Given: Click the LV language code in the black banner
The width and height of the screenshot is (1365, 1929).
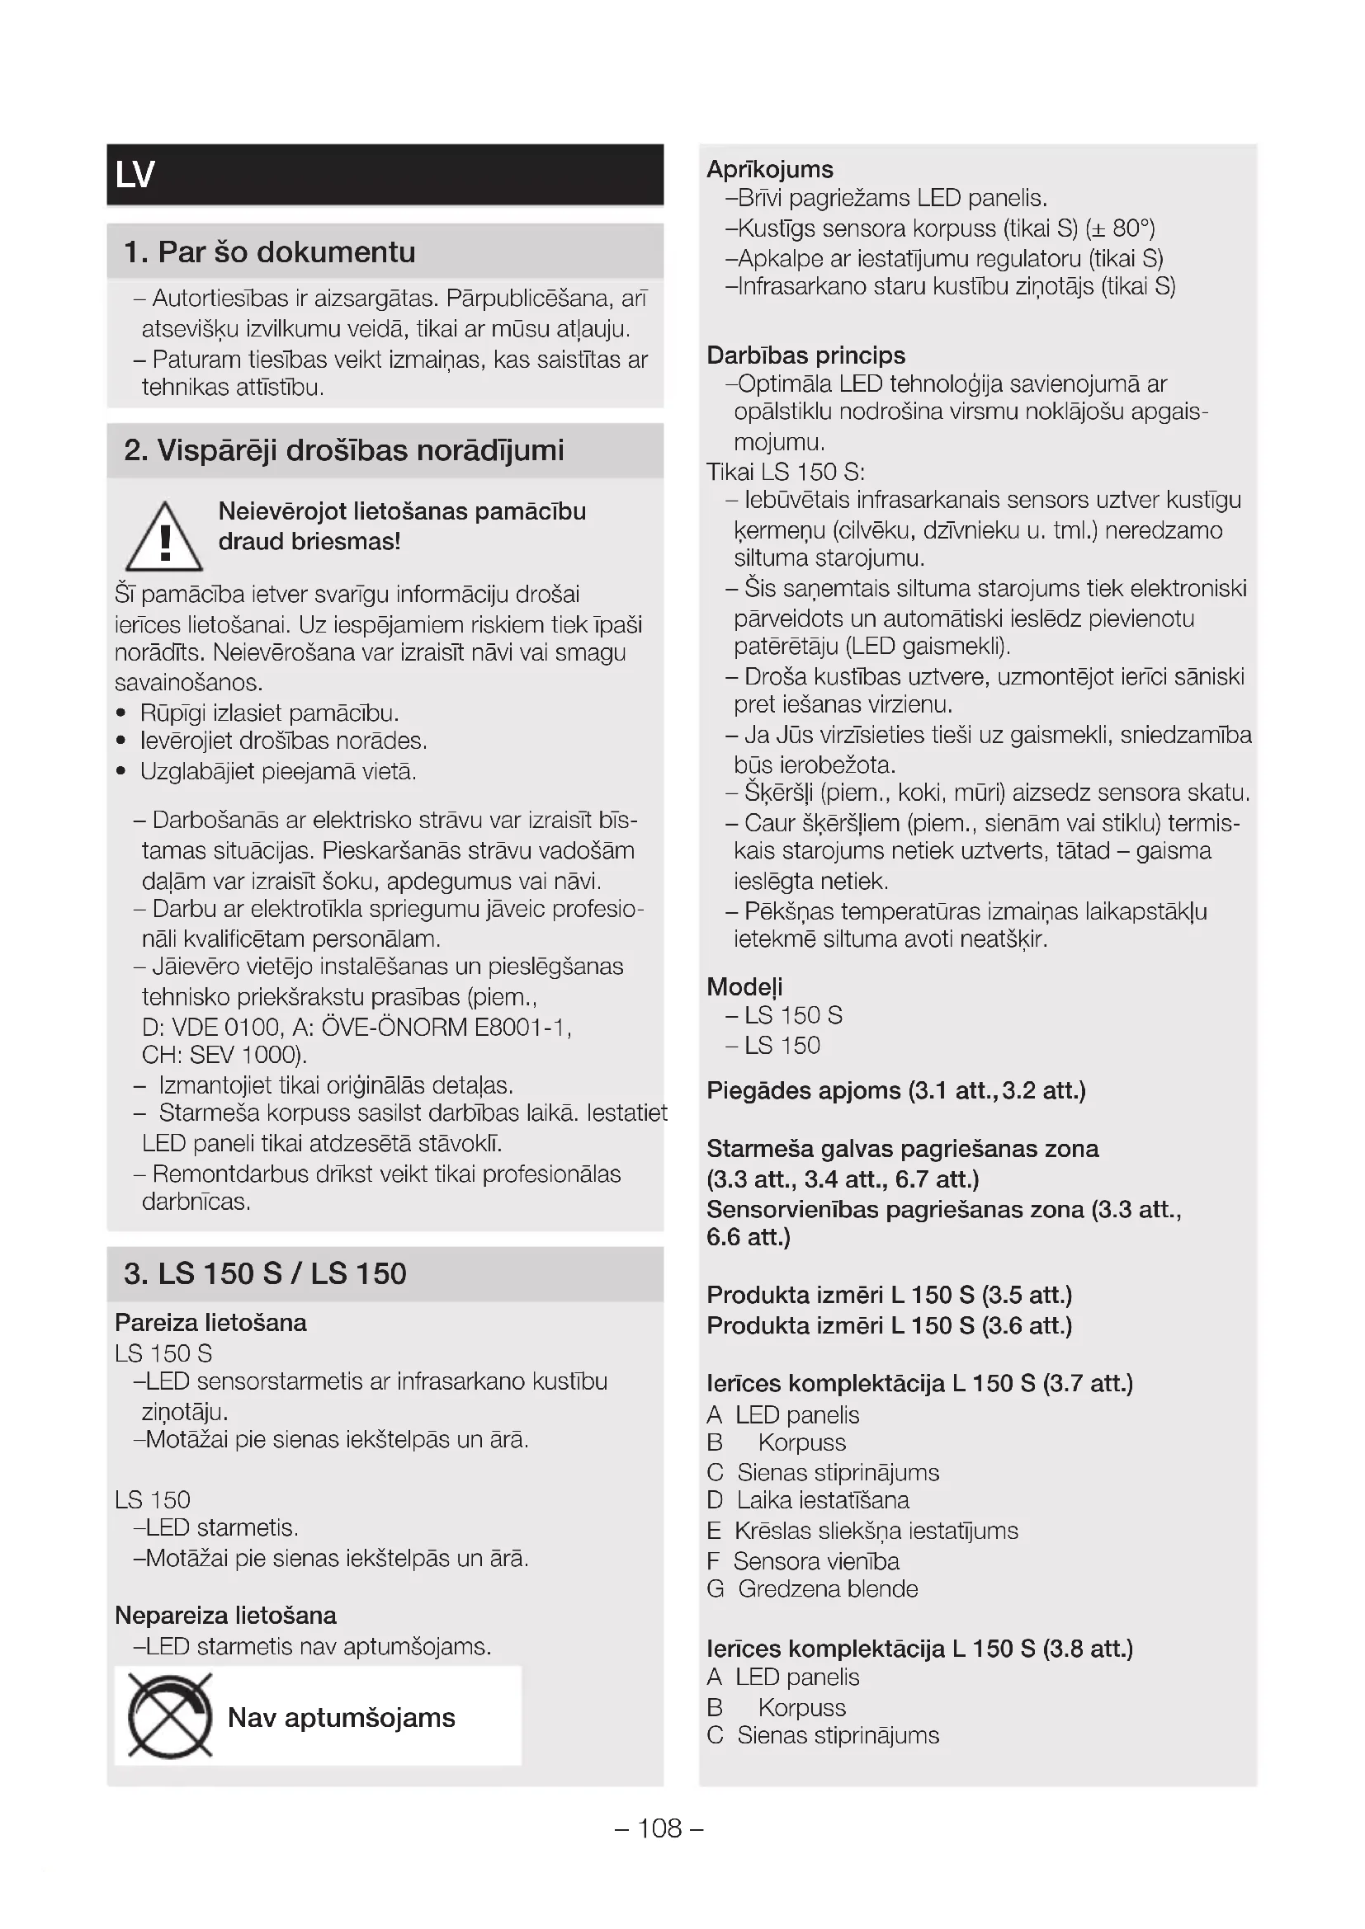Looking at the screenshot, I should coord(135,175).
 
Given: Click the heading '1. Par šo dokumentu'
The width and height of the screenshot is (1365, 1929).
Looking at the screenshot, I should coord(269,252).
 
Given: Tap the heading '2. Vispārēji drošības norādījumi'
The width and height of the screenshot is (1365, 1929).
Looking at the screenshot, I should coord(344,450).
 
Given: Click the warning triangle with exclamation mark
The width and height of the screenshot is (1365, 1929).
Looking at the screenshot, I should coord(164,539).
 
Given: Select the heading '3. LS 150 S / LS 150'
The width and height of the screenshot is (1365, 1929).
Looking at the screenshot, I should coord(265,1273).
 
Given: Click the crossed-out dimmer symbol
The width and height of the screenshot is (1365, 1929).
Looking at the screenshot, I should coord(170,1716).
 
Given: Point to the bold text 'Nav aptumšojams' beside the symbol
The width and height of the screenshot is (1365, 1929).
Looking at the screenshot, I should coord(342,1717).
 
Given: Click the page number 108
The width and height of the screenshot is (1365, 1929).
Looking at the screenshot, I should coord(660,1828).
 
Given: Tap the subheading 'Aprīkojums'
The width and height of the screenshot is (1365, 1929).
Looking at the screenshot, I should coord(770,170).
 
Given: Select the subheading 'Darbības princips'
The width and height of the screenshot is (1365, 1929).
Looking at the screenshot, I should coord(805,355).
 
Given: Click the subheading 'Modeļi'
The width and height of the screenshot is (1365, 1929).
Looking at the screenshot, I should coord(744,986).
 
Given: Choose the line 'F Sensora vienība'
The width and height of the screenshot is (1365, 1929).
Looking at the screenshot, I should coord(803,1561).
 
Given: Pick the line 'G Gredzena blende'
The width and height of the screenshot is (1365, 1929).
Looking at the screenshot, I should coord(812,1588).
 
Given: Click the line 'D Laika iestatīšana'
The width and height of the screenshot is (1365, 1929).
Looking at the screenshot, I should coord(808,1499).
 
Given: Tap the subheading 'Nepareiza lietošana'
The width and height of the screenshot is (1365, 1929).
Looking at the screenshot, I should coord(225,1616).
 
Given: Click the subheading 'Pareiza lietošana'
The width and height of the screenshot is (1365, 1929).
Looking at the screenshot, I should coord(211,1322).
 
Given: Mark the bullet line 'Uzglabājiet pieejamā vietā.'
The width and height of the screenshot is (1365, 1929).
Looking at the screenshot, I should coord(277,771).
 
